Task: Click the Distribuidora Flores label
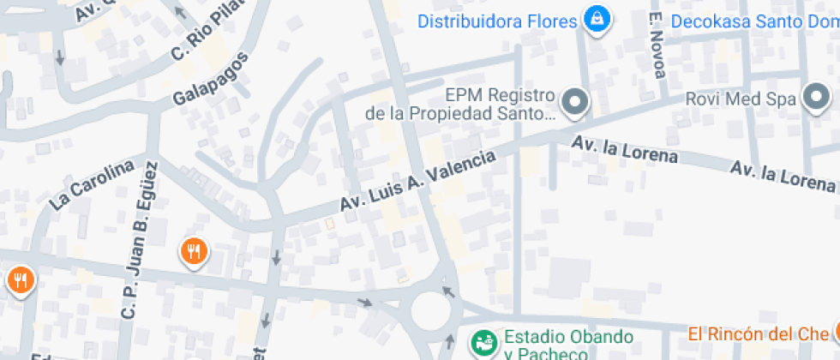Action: click(x=497, y=20)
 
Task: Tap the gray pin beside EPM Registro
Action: click(x=578, y=103)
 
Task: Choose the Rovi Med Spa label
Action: click(x=741, y=99)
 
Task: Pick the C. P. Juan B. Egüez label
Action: click(x=139, y=241)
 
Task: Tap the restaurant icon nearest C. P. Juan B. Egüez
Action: click(x=195, y=251)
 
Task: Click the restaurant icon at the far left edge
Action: click(x=19, y=279)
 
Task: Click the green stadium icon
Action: click(x=483, y=343)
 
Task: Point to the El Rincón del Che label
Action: click(x=759, y=333)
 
